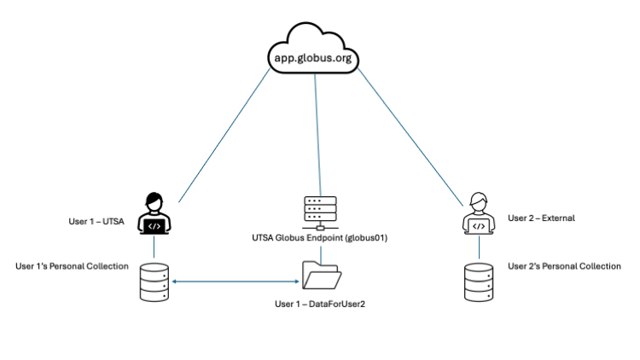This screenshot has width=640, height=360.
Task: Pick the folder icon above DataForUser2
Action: [x=321, y=276]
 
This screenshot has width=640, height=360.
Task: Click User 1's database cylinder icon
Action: [x=154, y=282]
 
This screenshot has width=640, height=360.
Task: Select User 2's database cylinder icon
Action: [x=479, y=282]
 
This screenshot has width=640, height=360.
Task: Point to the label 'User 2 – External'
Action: [x=541, y=218]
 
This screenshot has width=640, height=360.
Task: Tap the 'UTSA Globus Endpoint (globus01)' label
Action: [x=320, y=238]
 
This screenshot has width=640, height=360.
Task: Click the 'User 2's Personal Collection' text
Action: [x=564, y=266]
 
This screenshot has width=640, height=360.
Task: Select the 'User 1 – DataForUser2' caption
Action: [x=321, y=303]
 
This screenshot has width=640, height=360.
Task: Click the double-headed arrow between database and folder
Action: [x=235, y=280]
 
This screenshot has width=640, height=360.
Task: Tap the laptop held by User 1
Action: [x=154, y=226]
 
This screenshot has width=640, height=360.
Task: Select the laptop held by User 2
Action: [x=479, y=227]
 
